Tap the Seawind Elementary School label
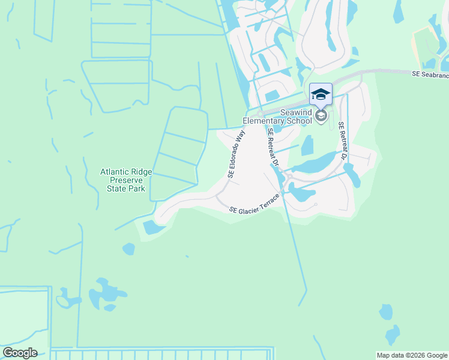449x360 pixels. tap(277, 116)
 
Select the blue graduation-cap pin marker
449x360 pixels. tap(321, 94)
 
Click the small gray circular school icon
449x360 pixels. tap(321, 115)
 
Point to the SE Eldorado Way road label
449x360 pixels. tap(237, 155)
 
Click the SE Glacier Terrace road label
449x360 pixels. tap(255, 204)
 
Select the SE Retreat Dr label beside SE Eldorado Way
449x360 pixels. tap(273, 147)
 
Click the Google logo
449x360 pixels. tap(20, 353)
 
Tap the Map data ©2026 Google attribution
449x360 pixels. tap(411, 355)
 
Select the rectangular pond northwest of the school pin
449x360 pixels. tap(272, 95)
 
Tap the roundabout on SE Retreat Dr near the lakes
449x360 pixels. tap(288, 178)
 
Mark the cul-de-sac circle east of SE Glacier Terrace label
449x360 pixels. tap(315, 205)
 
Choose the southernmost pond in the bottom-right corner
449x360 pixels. tap(392, 334)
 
